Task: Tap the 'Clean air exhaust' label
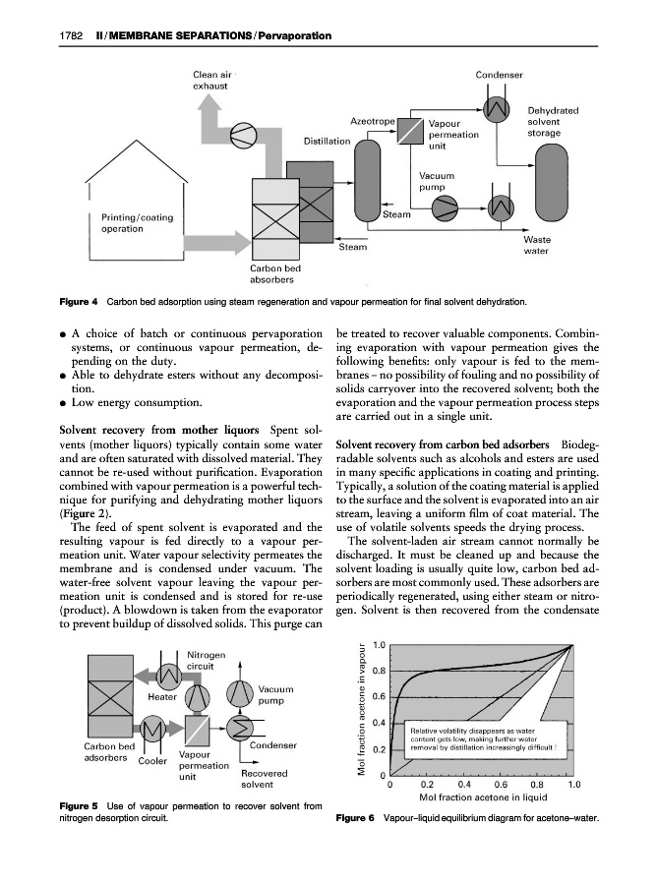tap(211, 80)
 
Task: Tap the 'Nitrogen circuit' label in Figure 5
tap(208, 660)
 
